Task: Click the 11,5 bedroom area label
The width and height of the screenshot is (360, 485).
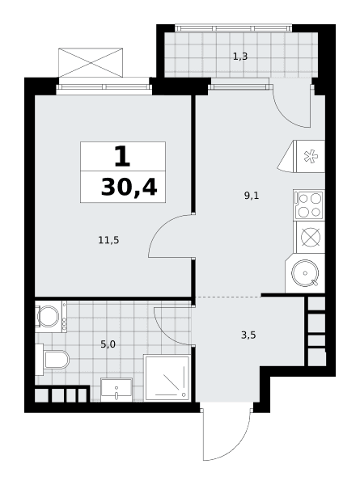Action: tap(108, 240)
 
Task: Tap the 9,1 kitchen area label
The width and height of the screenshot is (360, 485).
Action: tap(252, 196)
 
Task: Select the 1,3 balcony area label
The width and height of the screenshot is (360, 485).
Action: tap(240, 57)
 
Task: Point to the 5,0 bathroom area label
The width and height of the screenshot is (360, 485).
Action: tap(108, 344)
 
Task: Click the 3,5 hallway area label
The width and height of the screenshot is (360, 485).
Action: tap(248, 335)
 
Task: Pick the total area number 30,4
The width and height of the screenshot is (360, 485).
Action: tap(129, 188)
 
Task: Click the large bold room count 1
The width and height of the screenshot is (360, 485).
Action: tap(122, 156)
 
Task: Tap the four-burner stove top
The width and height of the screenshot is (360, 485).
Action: tap(309, 205)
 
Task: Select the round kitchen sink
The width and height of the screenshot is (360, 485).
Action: tap(305, 273)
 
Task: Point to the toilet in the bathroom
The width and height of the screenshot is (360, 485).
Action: tap(52, 360)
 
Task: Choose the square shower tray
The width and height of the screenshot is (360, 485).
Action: tap(167, 378)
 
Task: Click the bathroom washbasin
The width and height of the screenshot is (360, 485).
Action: tap(116, 390)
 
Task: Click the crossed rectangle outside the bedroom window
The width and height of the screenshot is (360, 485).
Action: tap(91, 62)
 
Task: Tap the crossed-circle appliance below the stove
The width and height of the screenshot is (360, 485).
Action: tap(311, 237)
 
